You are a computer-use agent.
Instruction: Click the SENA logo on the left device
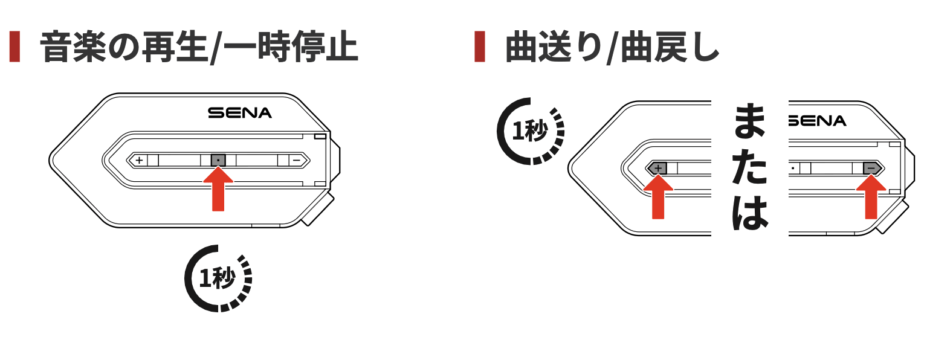pos(240,112)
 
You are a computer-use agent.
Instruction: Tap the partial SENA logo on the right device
pos(818,121)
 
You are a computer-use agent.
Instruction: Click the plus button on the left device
pos(139,160)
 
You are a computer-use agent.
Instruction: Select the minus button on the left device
pos(296,160)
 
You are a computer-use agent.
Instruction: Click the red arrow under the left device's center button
pos(218,189)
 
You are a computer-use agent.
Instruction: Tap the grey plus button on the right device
pos(658,169)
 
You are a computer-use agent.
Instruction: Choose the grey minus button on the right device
pos(871,169)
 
